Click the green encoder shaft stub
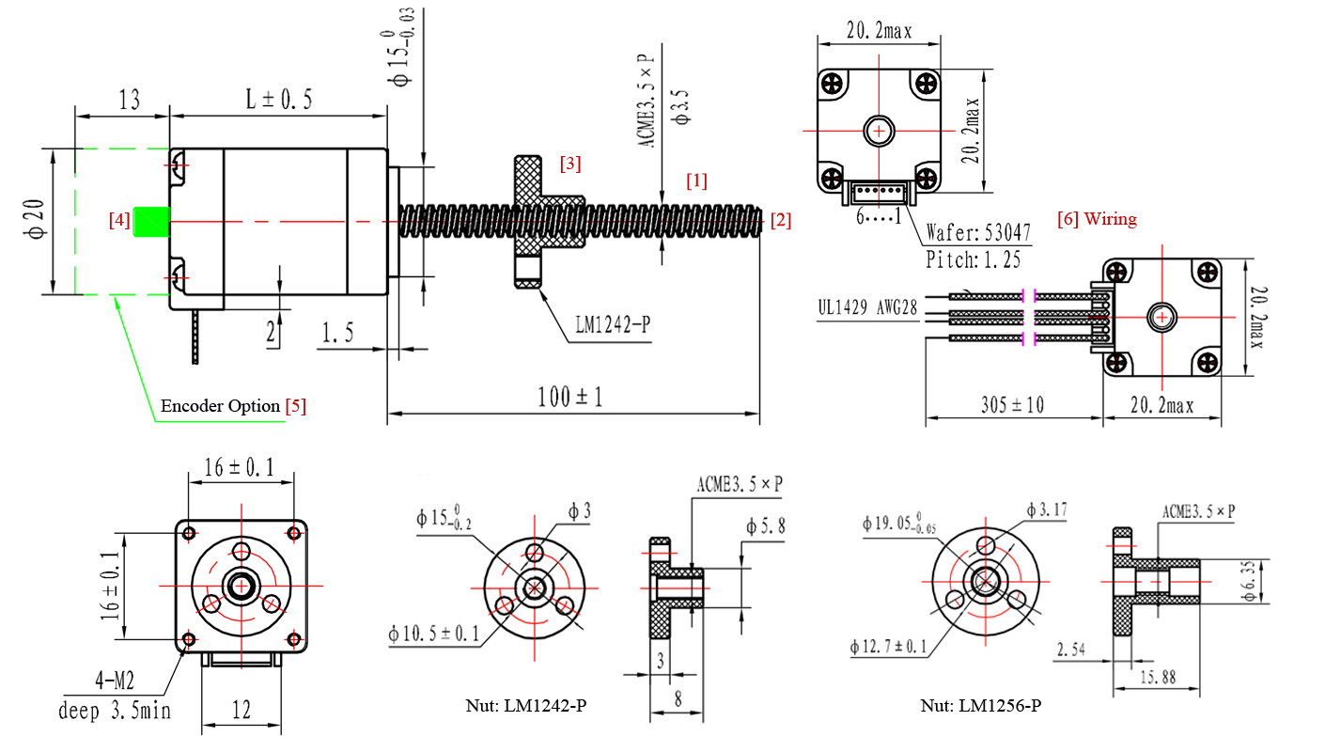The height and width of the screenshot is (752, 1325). (x=150, y=222)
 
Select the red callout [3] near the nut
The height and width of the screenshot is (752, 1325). (x=569, y=164)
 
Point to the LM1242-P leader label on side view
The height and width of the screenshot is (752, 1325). (x=613, y=325)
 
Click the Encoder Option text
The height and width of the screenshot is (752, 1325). (x=220, y=406)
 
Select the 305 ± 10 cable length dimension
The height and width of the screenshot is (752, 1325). (x=1011, y=405)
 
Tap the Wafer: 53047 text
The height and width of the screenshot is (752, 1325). (x=977, y=231)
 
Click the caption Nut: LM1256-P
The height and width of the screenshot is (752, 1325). (x=980, y=705)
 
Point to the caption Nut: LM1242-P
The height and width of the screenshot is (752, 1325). (x=526, y=705)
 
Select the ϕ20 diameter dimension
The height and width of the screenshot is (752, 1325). (x=33, y=221)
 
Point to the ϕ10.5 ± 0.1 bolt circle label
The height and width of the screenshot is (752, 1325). (x=433, y=634)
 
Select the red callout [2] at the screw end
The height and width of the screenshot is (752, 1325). (x=780, y=221)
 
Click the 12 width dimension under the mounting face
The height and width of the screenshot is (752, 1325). (x=242, y=710)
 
